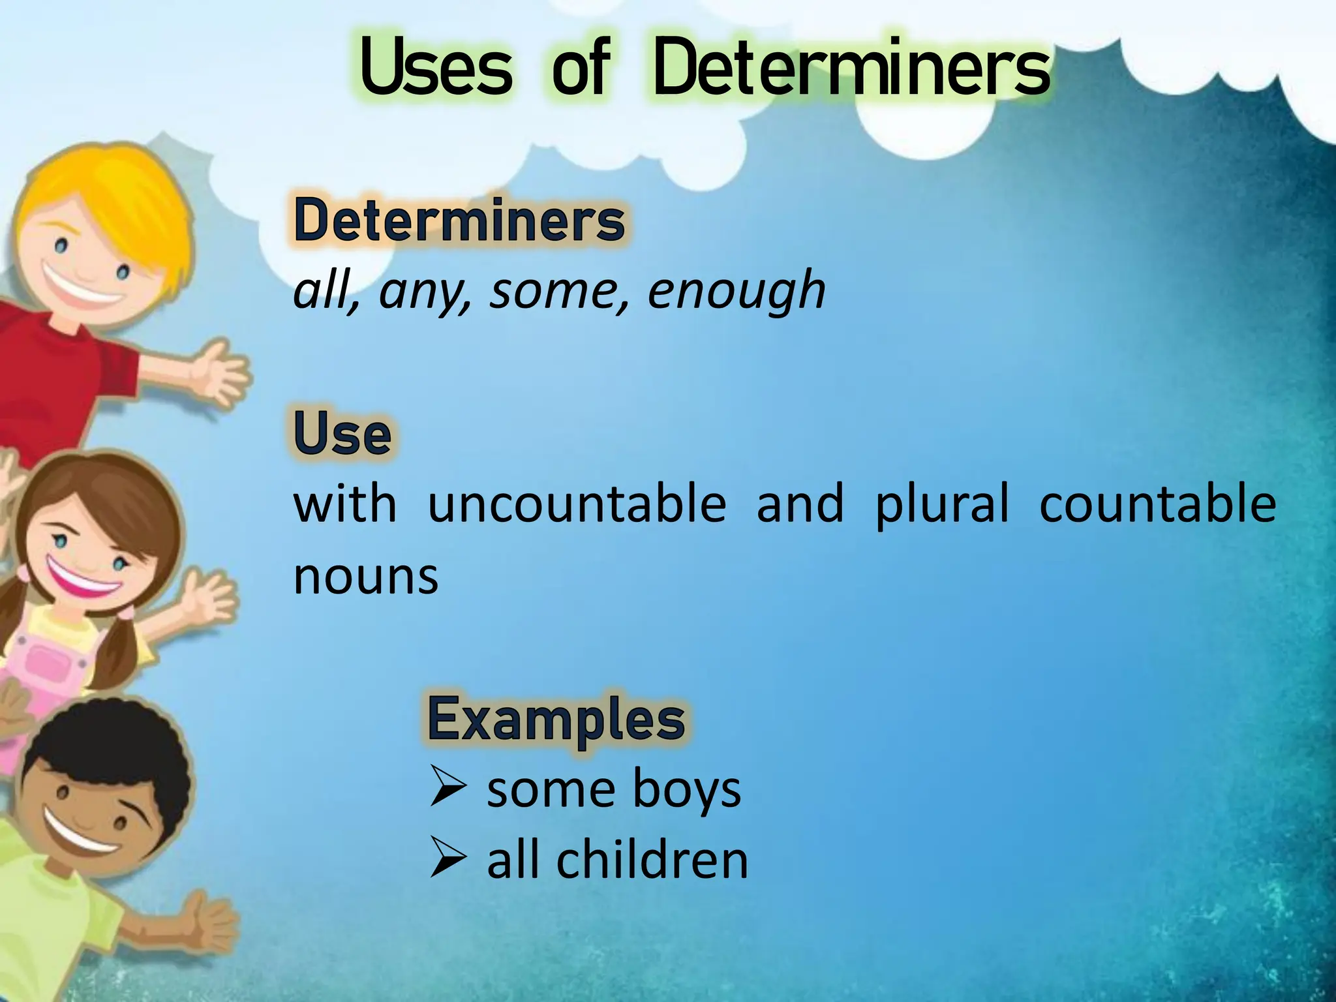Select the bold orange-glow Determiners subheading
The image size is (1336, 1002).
point(459,220)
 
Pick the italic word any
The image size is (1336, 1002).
point(424,292)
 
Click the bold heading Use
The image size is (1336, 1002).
point(342,433)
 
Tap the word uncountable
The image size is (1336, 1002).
point(577,504)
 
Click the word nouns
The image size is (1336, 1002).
point(366,577)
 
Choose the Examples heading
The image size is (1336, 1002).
point(556,719)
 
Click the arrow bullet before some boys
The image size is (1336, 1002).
point(448,787)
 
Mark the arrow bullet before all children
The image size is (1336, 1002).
point(448,859)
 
